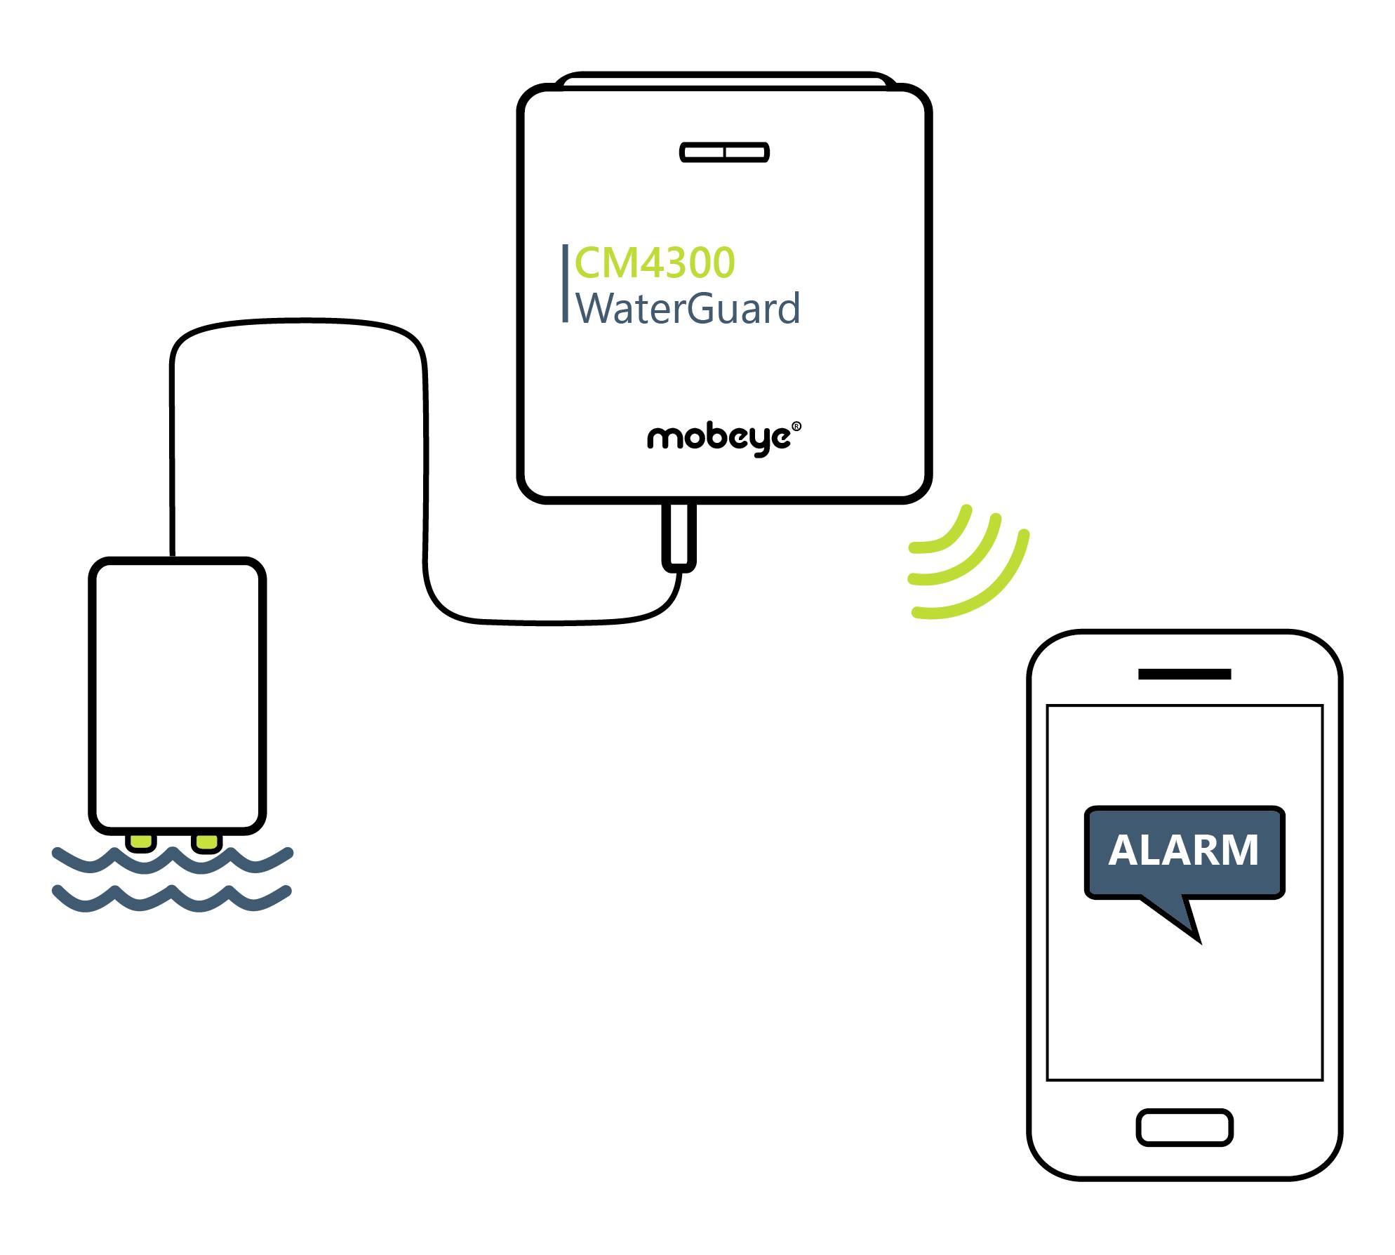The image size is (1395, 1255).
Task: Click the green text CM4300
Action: point(654,263)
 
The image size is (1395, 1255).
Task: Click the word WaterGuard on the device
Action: point(688,309)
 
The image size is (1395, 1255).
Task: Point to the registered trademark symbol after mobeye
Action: point(796,426)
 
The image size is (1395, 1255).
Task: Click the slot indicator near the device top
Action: point(724,152)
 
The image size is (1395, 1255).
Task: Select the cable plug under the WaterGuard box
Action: point(679,536)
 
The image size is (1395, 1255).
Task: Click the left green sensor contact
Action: point(140,842)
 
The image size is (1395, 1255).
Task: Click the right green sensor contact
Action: point(208,842)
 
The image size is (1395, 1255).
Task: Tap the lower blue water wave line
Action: point(172,899)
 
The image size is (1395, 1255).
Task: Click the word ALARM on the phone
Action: point(1183,851)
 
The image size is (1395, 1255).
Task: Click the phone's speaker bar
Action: point(1184,675)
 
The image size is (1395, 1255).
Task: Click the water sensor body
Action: point(177,695)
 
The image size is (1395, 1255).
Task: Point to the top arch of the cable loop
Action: point(298,322)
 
